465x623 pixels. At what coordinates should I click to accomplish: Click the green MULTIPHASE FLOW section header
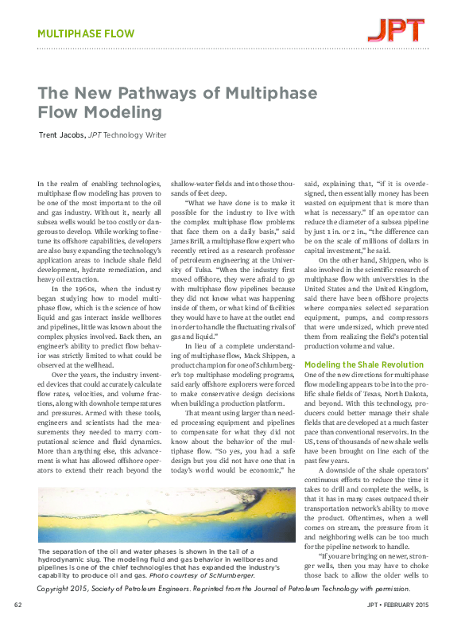click(x=87, y=34)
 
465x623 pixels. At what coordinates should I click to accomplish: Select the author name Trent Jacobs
click(x=61, y=135)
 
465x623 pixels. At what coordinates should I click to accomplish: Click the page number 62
click(x=18, y=605)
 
